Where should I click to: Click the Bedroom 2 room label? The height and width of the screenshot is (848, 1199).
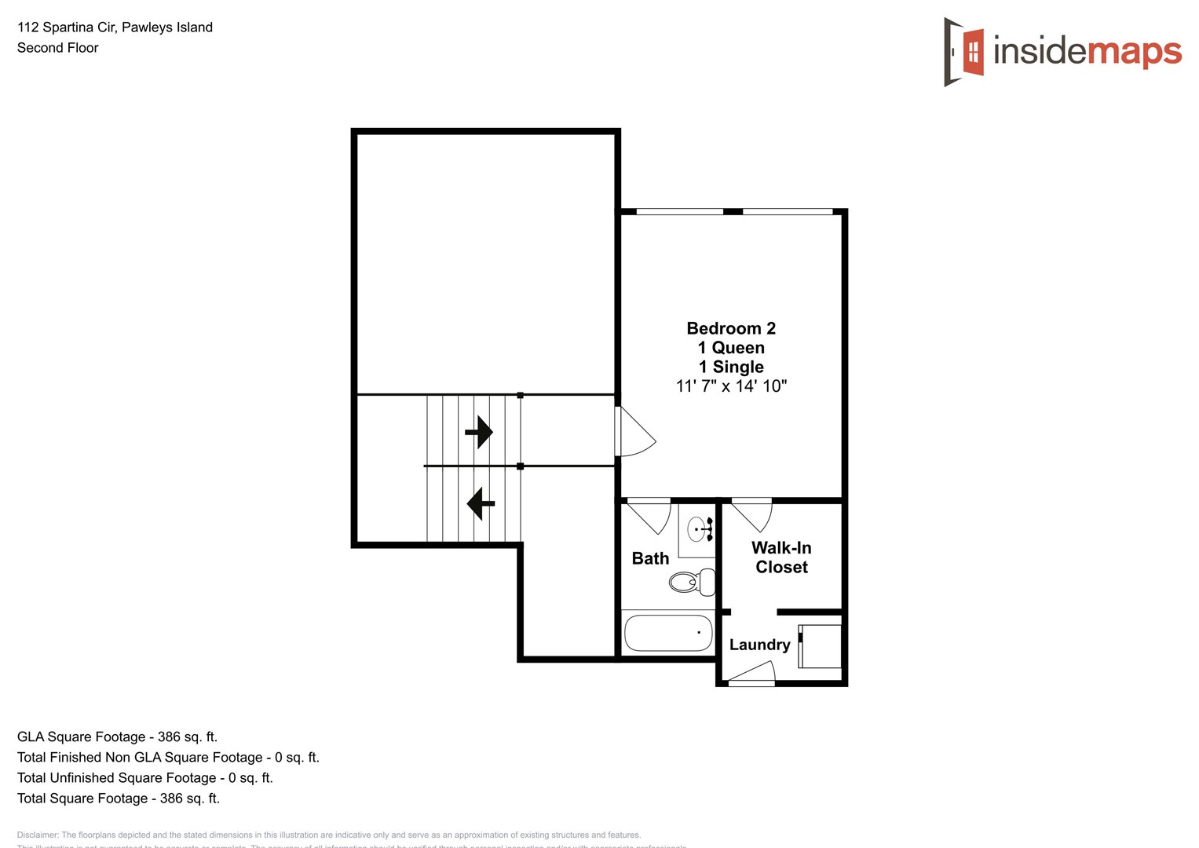[x=731, y=328]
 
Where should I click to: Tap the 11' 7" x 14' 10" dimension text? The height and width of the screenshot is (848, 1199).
[x=731, y=386]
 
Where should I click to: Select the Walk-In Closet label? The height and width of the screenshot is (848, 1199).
[x=781, y=557]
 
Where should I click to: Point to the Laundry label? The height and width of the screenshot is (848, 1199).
[x=759, y=645]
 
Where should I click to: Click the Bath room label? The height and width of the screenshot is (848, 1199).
[x=650, y=558]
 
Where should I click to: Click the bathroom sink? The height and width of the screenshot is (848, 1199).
[x=698, y=529]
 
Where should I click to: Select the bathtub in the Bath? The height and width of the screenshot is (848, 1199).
[x=668, y=633]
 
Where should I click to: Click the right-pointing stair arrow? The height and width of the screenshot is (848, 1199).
[x=479, y=432]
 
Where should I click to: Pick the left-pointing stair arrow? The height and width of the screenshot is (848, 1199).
[x=481, y=503]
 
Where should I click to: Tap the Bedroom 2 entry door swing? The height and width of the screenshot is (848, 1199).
[x=634, y=433]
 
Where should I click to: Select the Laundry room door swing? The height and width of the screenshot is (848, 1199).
[x=751, y=673]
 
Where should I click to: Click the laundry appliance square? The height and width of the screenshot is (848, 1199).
[x=821, y=646]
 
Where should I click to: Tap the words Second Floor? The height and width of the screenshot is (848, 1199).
[x=58, y=48]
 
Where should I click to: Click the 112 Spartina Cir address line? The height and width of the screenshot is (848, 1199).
[x=115, y=27]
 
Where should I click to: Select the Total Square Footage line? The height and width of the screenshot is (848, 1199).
[x=119, y=799]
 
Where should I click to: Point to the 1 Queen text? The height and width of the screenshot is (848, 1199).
[x=731, y=348]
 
